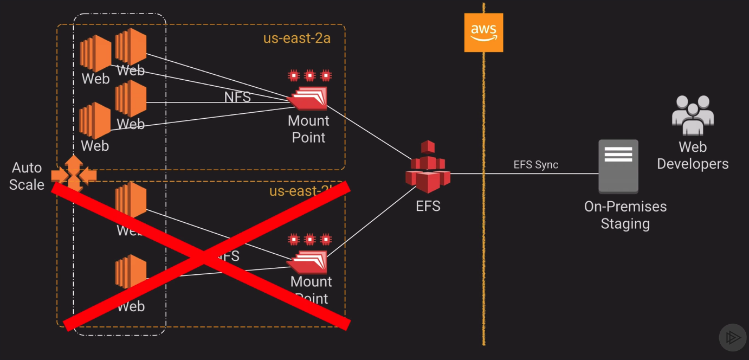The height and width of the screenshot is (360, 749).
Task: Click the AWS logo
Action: [x=483, y=33]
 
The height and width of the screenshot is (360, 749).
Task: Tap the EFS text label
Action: [x=428, y=206]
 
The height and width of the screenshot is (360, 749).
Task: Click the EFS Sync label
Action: [x=535, y=165]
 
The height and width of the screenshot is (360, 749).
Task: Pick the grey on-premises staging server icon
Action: [x=618, y=166]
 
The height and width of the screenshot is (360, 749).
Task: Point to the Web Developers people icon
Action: [x=693, y=115]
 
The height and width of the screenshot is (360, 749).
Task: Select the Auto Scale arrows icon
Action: [x=74, y=173]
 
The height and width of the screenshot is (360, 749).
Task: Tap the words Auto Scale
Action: [x=27, y=176]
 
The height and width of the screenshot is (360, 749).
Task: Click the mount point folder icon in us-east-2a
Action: [x=308, y=98]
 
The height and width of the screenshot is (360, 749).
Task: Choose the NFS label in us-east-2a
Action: [x=237, y=97]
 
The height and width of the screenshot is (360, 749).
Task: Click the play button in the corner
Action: [x=732, y=338]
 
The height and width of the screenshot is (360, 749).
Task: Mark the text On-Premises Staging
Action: [x=625, y=215]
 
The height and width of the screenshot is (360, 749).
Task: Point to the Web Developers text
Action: [x=693, y=155]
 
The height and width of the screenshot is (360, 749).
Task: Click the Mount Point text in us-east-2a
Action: [x=308, y=129]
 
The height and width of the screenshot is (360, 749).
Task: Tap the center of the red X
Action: [x=206, y=256]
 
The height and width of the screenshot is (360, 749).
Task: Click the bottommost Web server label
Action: [x=131, y=306]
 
